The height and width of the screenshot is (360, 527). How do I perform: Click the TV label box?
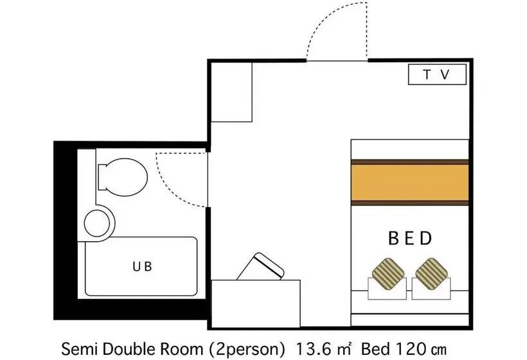click(437, 75)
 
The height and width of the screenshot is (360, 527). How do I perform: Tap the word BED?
click(409, 239)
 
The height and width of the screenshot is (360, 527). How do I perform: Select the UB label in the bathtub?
click(142, 267)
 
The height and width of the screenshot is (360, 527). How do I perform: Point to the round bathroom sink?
click(97, 223)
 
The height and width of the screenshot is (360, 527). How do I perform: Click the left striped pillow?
click(388, 274)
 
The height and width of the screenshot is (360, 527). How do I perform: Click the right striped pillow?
click(431, 274)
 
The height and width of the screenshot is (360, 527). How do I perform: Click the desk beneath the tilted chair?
click(255, 303)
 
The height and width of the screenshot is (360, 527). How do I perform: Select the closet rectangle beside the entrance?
click(231, 92)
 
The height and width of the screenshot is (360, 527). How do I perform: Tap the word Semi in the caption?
click(79, 349)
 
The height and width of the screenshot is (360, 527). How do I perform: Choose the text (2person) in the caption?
click(247, 350)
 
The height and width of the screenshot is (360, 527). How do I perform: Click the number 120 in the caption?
click(411, 349)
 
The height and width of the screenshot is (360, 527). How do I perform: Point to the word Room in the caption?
click(182, 349)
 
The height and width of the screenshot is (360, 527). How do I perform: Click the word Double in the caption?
click(129, 349)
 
